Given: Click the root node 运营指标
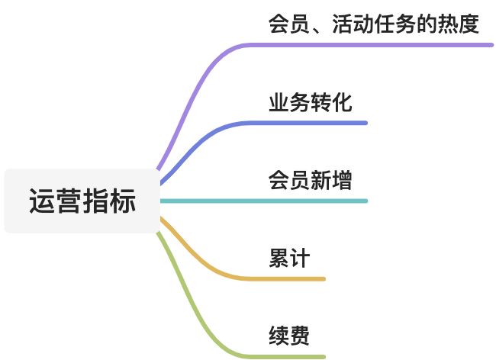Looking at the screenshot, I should [x=82, y=201].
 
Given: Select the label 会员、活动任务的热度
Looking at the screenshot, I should [x=374, y=24].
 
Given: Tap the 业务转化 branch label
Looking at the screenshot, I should [x=310, y=102].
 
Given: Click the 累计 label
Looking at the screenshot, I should [x=289, y=258].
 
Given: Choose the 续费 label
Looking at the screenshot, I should [x=289, y=336].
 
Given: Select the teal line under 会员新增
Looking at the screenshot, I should [x=305, y=201].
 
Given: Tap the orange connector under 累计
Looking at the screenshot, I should [x=290, y=278].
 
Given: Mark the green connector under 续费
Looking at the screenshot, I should [x=290, y=356].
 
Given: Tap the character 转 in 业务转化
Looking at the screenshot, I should [x=320, y=102].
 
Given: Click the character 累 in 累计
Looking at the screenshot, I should [x=279, y=258].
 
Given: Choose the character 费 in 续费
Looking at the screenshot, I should [x=300, y=336].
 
